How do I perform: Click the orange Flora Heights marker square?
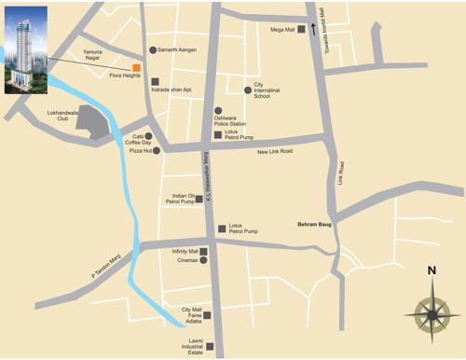(x=137, y=68)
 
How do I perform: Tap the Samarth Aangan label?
(x=179, y=49)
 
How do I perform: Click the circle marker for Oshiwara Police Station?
(x=218, y=111)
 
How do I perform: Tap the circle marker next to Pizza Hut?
(x=157, y=149)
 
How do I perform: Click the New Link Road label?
(x=275, y=151)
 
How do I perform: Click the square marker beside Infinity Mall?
(x=204, y=251)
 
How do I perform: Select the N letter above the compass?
(x=432, y=271)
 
